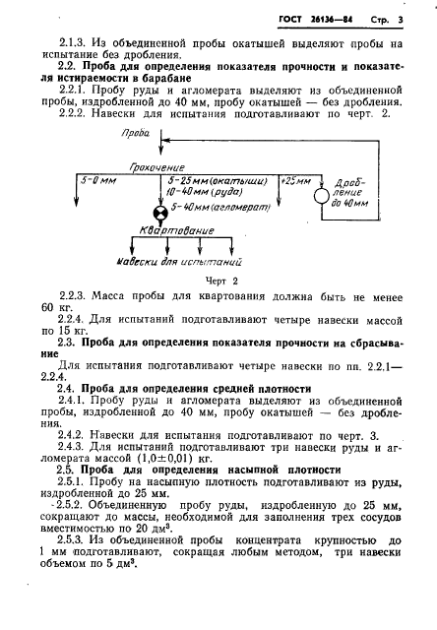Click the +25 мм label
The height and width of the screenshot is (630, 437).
tap(295, 181)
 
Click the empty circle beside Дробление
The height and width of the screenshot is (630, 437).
tap(321, 197)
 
